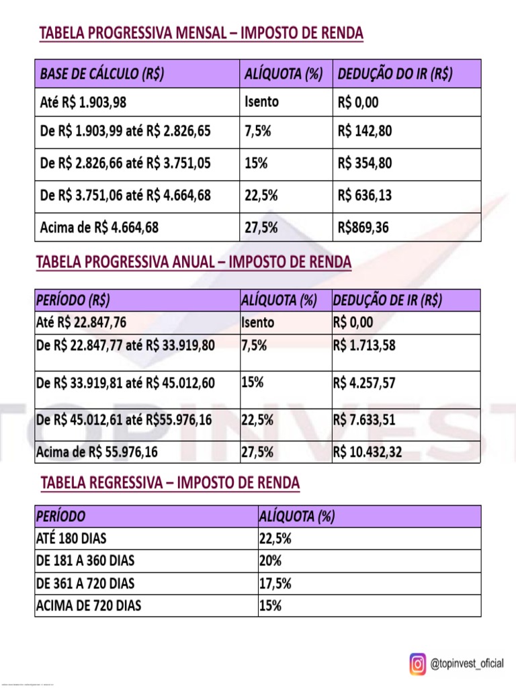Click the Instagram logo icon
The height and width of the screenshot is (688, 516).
pos(418,664)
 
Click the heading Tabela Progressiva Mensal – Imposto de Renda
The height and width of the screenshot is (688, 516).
pos(202,33)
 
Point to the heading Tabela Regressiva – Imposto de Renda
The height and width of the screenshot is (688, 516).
pos(171,483)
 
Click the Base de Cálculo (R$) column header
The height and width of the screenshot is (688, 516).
pos(103,74)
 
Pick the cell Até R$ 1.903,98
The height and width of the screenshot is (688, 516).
pos(83,103)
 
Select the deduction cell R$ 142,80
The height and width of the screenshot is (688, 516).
pos(365,131)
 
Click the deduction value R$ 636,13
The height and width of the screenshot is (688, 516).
pos(365,196)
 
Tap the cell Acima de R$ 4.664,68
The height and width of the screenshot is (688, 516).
pos(99,227)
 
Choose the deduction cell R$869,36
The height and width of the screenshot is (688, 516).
pos(363,227)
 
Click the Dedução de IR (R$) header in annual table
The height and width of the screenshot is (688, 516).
pos(388,300)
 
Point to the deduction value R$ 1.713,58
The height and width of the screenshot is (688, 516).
pos(364,346)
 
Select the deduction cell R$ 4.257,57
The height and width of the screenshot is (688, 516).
pos(364,383)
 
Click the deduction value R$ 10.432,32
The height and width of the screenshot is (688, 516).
pos(368,452)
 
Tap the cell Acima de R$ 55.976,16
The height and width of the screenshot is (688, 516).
pos(97,452)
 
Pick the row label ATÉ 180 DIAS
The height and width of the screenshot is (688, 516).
pos(71,539)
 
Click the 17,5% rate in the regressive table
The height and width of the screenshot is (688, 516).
pos(275,584)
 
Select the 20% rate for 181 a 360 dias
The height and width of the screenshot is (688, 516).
pos(270,561)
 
